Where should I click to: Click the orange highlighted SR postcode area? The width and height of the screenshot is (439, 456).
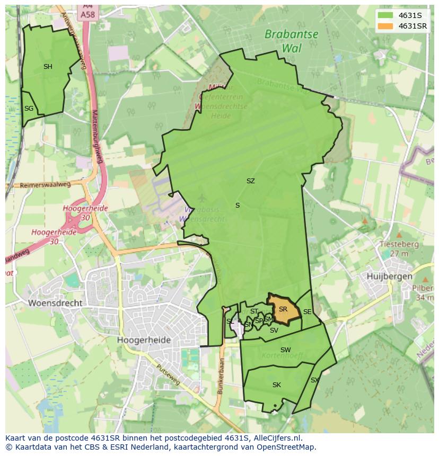pyautogui.click(x=283, y=310)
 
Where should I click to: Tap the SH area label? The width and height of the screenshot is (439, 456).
pyautogui.click(x=48, y=67)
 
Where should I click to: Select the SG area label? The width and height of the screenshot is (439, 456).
pyautogui.click(x=29, y=109)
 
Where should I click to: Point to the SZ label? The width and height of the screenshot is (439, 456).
pyautogui.click(x=250, y=181)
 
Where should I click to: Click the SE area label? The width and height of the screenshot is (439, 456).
pyautogui.click(x=307, y=312)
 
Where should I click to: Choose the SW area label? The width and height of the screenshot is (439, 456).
pyautogui.click(x=285, y=350)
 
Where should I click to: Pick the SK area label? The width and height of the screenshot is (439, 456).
pyautogui.click(x=276, y=385)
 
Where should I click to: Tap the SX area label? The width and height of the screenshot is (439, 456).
pyautogui.click(x=314, y=380)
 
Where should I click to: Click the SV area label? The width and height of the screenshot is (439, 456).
pyautogui.click(x=274, y=330)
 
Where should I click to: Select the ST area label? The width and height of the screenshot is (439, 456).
pyautogui.click(x=254, y=311)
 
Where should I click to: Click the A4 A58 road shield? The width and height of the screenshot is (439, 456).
pyautogui.click(x=88, y=12)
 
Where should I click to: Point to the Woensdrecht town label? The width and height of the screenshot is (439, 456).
pyautogui.click(x=56, y=303)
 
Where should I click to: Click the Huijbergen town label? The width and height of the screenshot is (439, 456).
pyautogui.click(x=390, y=276)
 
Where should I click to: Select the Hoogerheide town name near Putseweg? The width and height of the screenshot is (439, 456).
pyautogui.click(x=144, y=340)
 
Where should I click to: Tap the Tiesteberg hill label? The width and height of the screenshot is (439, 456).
pyautogui.click(x=399, y=245)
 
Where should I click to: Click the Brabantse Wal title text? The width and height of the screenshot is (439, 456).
pyautogui.click(x=292, y=41)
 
